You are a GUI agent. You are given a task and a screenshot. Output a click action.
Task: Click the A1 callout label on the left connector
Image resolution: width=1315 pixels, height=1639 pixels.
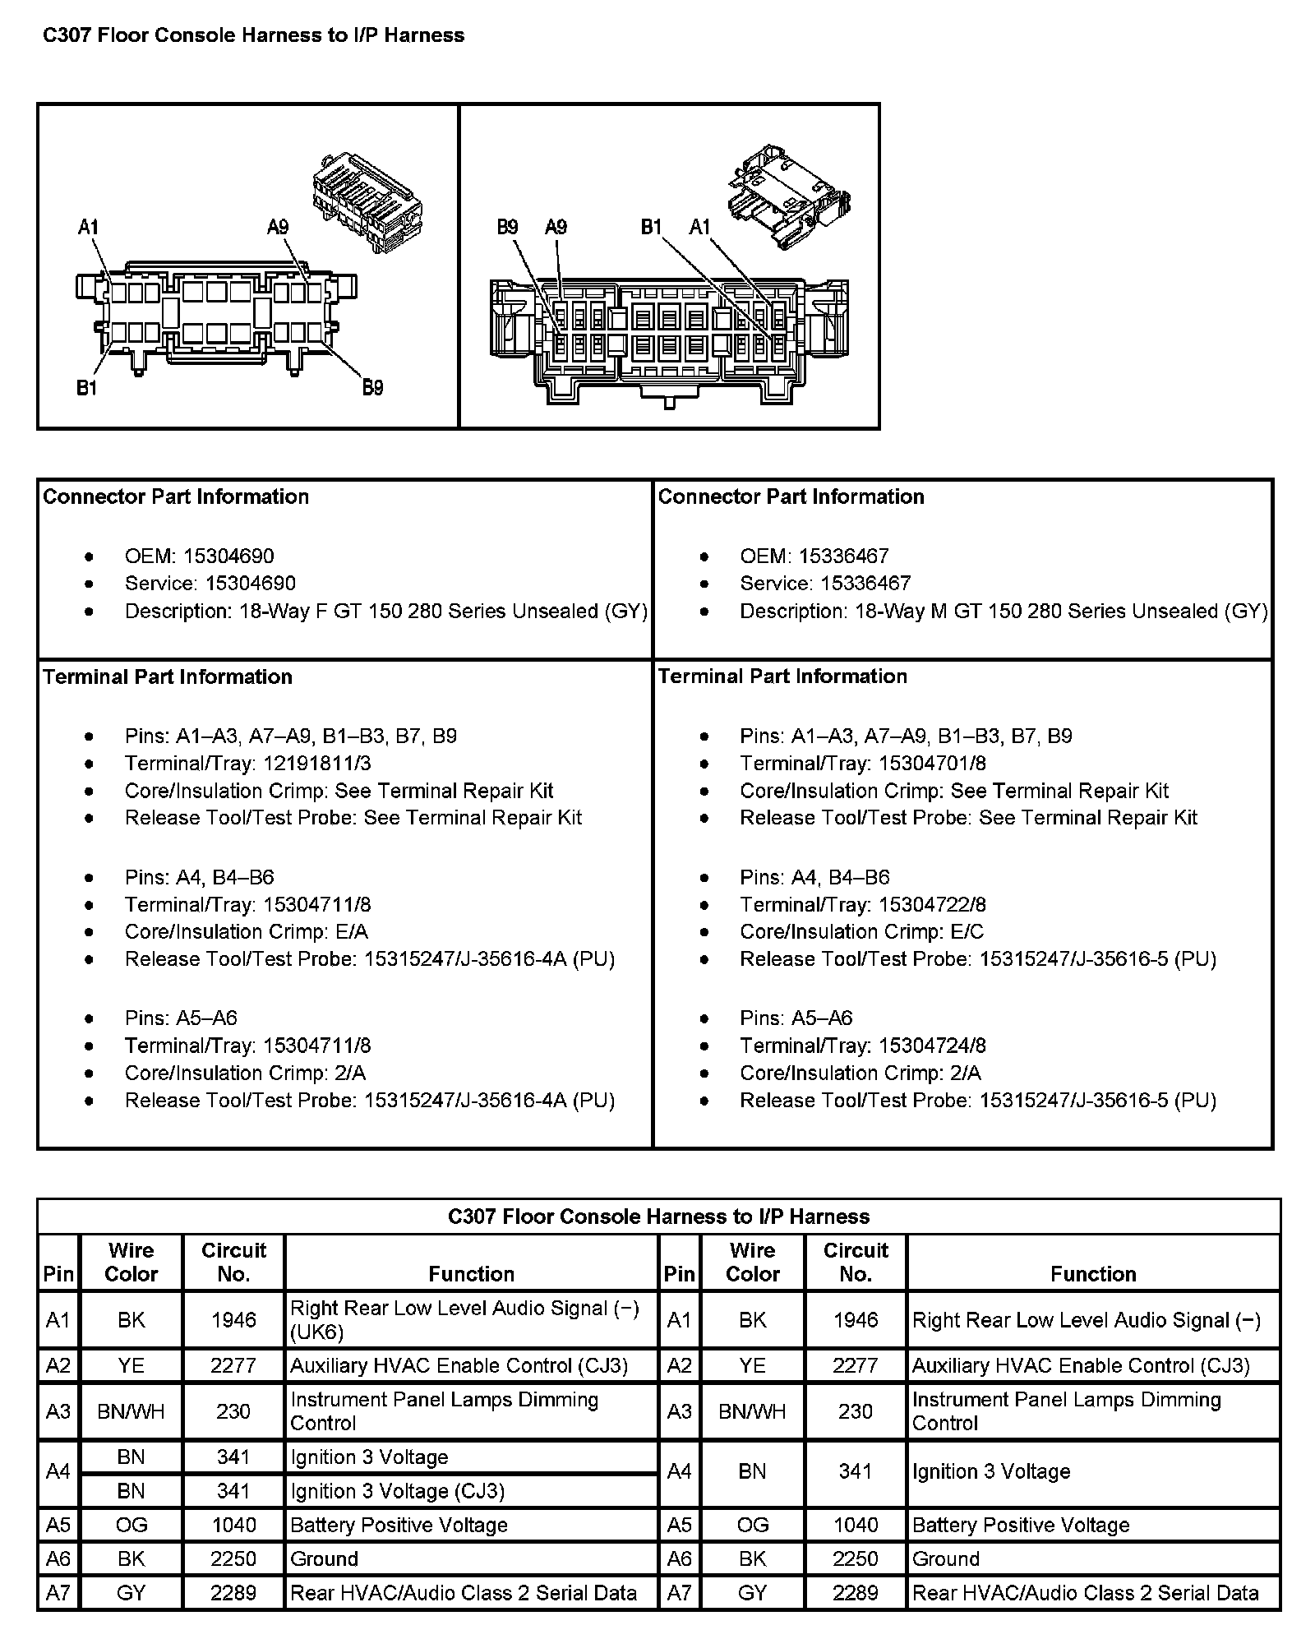(88, 227)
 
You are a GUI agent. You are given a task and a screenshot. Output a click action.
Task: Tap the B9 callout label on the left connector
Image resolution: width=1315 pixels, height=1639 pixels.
(372, 387)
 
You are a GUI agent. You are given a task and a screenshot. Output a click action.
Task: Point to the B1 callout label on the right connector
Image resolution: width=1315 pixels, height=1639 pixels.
(652, 227)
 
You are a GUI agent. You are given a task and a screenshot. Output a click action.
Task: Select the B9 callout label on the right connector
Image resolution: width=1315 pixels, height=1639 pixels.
(507, 227)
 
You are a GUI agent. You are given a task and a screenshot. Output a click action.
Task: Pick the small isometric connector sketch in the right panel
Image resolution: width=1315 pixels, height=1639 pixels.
(787, 196)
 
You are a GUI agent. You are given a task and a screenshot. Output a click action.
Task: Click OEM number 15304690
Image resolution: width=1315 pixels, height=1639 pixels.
(228, 556)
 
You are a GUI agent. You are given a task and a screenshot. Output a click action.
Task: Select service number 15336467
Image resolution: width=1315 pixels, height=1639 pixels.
(865, 583)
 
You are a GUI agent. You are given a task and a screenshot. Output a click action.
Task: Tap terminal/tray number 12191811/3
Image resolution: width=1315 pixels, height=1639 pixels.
(317, 763)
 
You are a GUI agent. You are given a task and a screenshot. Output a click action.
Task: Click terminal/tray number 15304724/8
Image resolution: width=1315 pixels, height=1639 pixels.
(932, 1046)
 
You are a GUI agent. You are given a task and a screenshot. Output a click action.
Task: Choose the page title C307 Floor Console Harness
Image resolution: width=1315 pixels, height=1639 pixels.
(253, 35)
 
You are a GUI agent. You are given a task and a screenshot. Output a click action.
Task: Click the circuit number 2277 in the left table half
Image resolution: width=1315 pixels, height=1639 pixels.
(233, 1365)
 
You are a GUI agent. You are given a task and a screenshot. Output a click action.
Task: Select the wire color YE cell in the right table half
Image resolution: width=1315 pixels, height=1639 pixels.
(752, 1365)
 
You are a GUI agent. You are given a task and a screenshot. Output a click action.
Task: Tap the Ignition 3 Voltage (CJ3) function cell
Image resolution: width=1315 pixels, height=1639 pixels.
(397, 1490)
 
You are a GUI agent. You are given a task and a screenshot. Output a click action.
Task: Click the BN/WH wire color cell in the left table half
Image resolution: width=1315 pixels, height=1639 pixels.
(131, 1411)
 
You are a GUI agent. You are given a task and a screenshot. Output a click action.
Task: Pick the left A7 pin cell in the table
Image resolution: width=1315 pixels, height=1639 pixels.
(58, 1593)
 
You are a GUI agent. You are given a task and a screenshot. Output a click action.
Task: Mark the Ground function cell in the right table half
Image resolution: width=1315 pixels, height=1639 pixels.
(946, 1558)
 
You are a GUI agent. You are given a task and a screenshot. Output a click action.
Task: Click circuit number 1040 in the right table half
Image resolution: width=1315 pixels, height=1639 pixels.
(856, 1525)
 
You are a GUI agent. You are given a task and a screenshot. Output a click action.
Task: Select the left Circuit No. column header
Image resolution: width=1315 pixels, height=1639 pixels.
(233, 1262)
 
